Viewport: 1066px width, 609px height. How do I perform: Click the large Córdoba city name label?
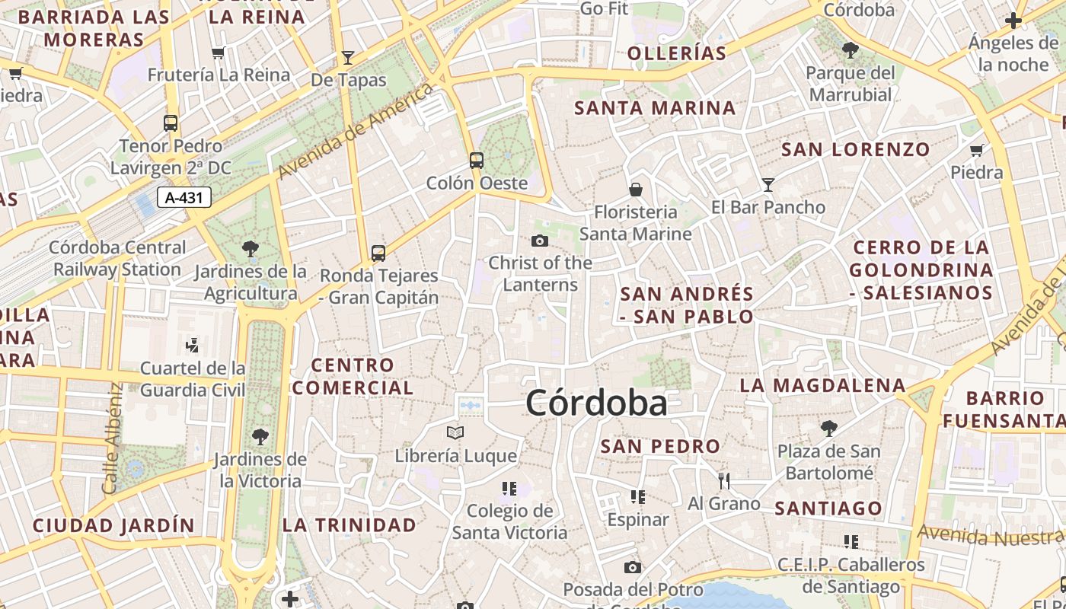596,403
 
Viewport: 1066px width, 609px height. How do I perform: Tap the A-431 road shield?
184,198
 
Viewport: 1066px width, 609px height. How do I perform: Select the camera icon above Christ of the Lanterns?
540,241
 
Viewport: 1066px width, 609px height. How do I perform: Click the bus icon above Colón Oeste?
476,161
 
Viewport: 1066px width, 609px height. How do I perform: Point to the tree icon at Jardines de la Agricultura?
250,248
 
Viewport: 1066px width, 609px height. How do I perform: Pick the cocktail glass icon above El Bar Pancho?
768,184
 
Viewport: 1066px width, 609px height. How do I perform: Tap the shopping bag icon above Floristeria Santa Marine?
635,189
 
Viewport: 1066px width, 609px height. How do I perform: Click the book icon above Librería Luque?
455,433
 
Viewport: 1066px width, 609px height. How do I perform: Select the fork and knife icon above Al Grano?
723,480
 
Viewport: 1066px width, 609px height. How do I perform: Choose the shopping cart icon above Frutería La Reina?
219,53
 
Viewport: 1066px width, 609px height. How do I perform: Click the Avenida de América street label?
356,132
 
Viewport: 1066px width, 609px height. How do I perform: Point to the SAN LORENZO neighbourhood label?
856,149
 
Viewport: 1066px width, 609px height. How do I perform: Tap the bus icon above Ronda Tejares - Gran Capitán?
378,253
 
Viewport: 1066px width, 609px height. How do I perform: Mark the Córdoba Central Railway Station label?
117,258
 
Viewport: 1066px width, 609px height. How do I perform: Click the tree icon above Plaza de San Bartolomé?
828,428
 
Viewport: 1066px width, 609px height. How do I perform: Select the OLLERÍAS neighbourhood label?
677,53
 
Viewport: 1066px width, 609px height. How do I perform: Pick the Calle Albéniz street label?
113,437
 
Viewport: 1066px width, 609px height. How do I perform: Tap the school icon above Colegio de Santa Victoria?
509,488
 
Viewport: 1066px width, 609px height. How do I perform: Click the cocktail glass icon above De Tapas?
348,57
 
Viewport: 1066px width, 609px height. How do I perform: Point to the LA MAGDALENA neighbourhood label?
823,386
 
